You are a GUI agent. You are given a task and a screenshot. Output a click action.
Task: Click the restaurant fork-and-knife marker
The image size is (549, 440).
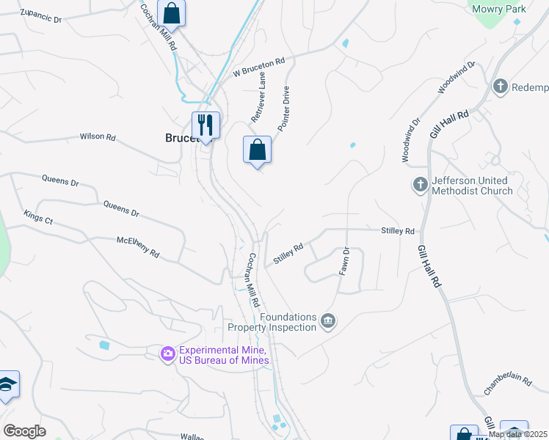(206, 125)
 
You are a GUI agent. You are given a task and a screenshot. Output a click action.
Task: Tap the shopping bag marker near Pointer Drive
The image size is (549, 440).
(257, 150)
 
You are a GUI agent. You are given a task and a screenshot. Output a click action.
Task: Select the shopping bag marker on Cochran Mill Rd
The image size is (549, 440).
(171, 13)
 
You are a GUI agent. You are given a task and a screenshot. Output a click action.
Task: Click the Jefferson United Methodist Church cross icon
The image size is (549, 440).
(421, 184)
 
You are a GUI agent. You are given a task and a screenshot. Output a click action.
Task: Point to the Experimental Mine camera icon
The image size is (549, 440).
(168, 355)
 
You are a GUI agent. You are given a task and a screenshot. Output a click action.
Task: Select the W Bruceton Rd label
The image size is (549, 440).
(258, 67)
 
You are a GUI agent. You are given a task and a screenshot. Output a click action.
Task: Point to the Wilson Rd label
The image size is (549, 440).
(98, 136)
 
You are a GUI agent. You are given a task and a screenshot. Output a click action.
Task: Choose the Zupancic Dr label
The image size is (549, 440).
(40, 15)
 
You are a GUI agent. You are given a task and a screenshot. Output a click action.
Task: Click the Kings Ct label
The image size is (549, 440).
(38, 215)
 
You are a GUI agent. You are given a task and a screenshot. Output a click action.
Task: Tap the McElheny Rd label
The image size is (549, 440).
(138, 246)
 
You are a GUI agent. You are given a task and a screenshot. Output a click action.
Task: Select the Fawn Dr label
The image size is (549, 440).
(343, 261)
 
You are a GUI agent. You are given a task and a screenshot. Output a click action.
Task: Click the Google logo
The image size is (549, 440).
(24, 431)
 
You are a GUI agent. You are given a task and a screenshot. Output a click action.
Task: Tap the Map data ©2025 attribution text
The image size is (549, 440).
(517, 434)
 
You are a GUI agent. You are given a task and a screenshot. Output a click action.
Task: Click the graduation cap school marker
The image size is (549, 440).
(7, 384)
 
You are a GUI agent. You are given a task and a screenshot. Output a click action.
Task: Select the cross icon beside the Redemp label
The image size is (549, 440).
(501, 87)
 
